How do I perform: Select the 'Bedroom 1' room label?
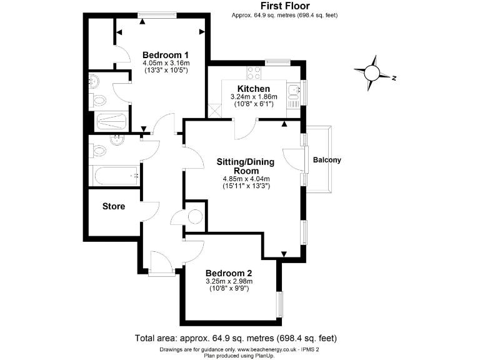pyautogui.click(x=166, y=54)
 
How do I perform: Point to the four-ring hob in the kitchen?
pyautogui.click(x=255, y=72)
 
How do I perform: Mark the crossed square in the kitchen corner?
pyautogui.click(x=215, y=111)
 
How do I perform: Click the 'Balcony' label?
pyautogui.click(x=327, y=160)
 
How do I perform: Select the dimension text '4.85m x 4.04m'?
pyautogui.click(x=245, y=179)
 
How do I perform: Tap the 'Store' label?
pyautogui.click(x=114, y=206)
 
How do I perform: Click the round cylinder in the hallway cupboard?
pyautogui.click(x=195, y=217)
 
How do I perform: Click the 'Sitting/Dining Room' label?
pyautogui.click(x=245, y=166)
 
